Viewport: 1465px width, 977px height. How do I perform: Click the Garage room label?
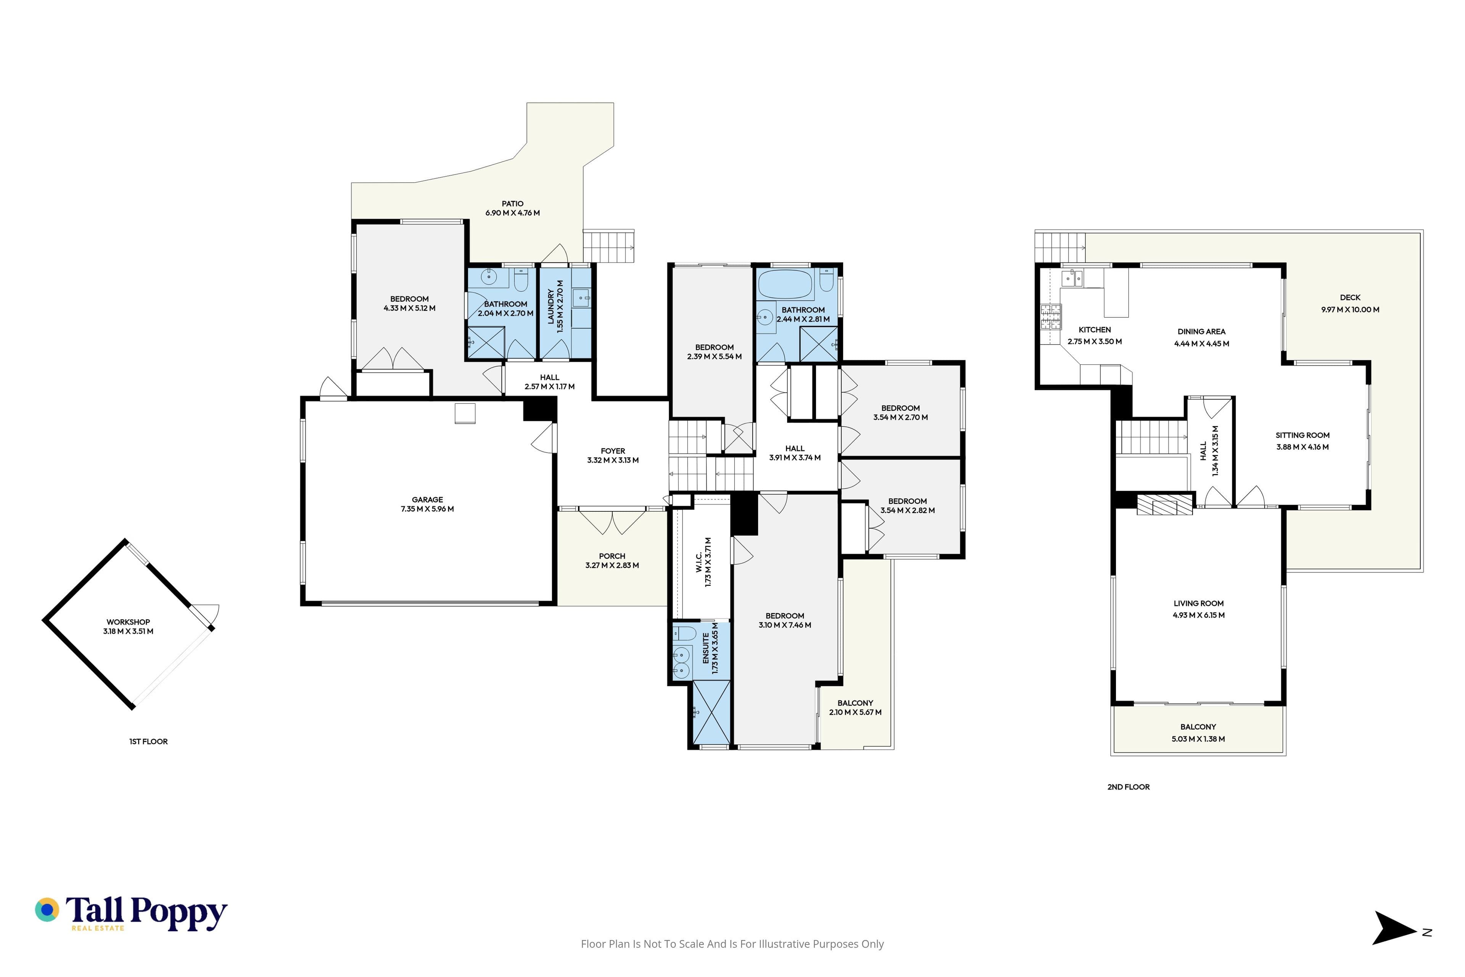pyautogui.click(x=427, y=500)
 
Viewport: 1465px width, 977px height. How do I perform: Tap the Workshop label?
pyautogui.click(x=128, y=622)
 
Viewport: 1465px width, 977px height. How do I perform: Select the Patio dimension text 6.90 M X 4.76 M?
pyautogui.click(x=513, y=213)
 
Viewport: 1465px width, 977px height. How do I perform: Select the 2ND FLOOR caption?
pyautogui.click(x=1129, y=787)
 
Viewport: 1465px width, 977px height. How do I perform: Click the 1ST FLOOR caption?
pyautogui.click(x=148, y=742)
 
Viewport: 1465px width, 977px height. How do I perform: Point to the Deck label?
pyautogui.click(x=1351, y=298)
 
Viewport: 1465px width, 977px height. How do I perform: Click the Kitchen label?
pyautogui.click(x=1095, y=330)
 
